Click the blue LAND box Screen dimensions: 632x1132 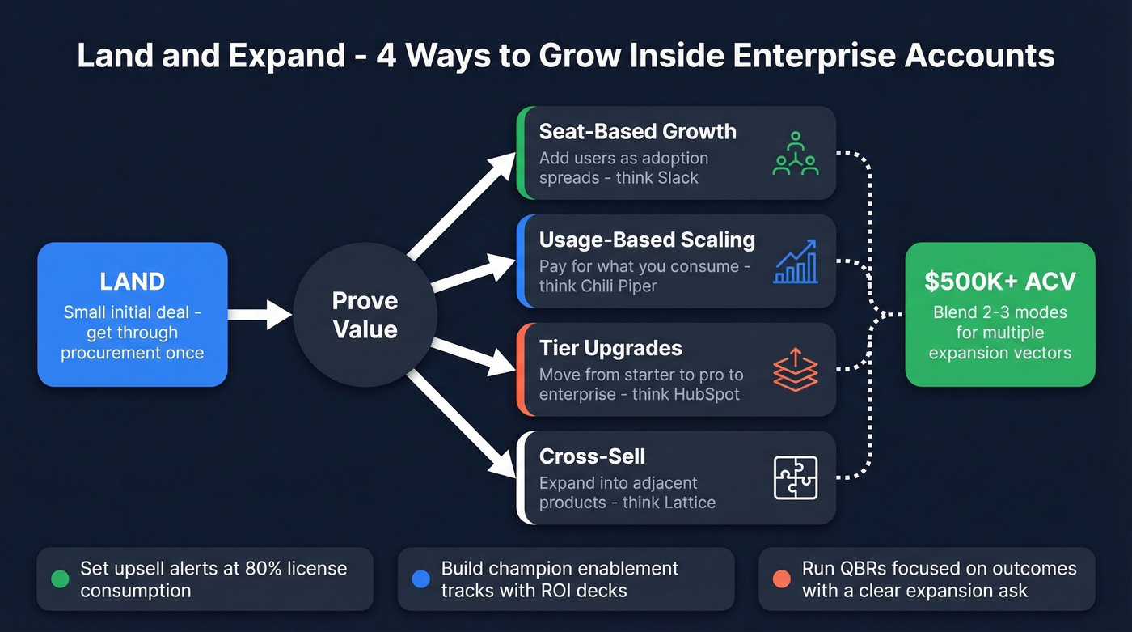pos(132,314)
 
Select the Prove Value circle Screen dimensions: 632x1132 pos(365,315)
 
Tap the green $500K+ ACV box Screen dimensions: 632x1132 pos(999,314)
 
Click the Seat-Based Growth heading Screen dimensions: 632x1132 pos(637,132)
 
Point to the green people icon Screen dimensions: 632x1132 pos(796,154)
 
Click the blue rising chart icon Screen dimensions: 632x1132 pos(796,261)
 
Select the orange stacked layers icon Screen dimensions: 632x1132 pos(796,370)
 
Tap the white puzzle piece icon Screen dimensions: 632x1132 pos(796,477)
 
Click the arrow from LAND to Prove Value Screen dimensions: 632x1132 pos(259,314)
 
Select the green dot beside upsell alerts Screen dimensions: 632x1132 pos(60,579)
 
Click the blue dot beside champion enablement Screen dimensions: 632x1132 pos(420,579)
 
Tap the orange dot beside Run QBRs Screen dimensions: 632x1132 pos(781,579)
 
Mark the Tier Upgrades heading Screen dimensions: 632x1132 pos(610,349)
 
